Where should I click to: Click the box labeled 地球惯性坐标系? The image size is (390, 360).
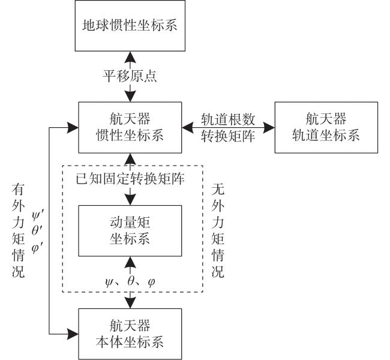(x=130, y=26)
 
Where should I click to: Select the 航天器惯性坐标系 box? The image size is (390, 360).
(x=130, y=127)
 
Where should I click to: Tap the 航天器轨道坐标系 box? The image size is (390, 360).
(x=326, y=127)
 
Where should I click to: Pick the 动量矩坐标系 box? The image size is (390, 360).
(x=130, y=231)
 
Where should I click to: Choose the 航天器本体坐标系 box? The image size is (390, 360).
(x=130, y=334)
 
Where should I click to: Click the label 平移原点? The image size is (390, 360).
(x=130, y=76)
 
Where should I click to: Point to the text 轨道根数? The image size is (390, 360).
(x=228, y=119)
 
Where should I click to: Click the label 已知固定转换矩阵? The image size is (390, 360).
(x=130, y=179)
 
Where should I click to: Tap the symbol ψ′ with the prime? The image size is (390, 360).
(x=38, y=215)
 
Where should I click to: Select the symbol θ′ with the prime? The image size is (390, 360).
(x=38, y=231)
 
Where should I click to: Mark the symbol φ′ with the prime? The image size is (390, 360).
(x=38, y=247)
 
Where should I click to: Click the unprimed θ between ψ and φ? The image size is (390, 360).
(x=131, y=281)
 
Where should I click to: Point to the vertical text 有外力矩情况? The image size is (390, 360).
(x=19, y=230)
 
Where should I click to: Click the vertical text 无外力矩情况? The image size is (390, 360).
(x=218, y=230)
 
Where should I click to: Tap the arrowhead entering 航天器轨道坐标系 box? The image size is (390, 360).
(x=269, y=128)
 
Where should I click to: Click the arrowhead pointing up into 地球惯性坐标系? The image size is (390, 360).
(x=130, y=57)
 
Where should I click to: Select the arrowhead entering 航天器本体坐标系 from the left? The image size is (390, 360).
(x=73, y=334)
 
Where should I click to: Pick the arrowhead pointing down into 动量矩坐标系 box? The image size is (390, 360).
(x=130, y=200)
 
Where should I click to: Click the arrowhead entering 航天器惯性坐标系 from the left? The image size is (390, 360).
(x=73, y=128)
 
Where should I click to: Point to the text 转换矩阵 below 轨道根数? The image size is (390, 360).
(x=228, y=136)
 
